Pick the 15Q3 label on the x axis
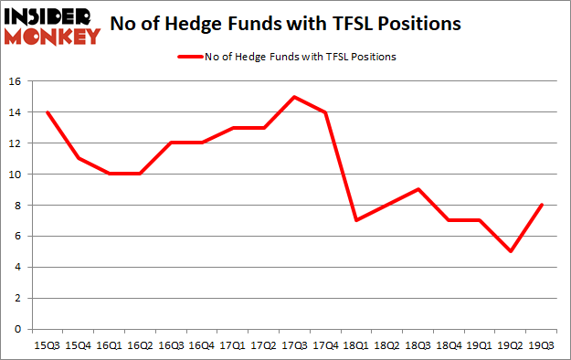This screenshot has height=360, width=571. [48, 344]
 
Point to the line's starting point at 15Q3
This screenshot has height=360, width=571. [48, 112]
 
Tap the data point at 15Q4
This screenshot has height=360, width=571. [79, 159]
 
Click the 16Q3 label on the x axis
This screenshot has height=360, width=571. [170, 344]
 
